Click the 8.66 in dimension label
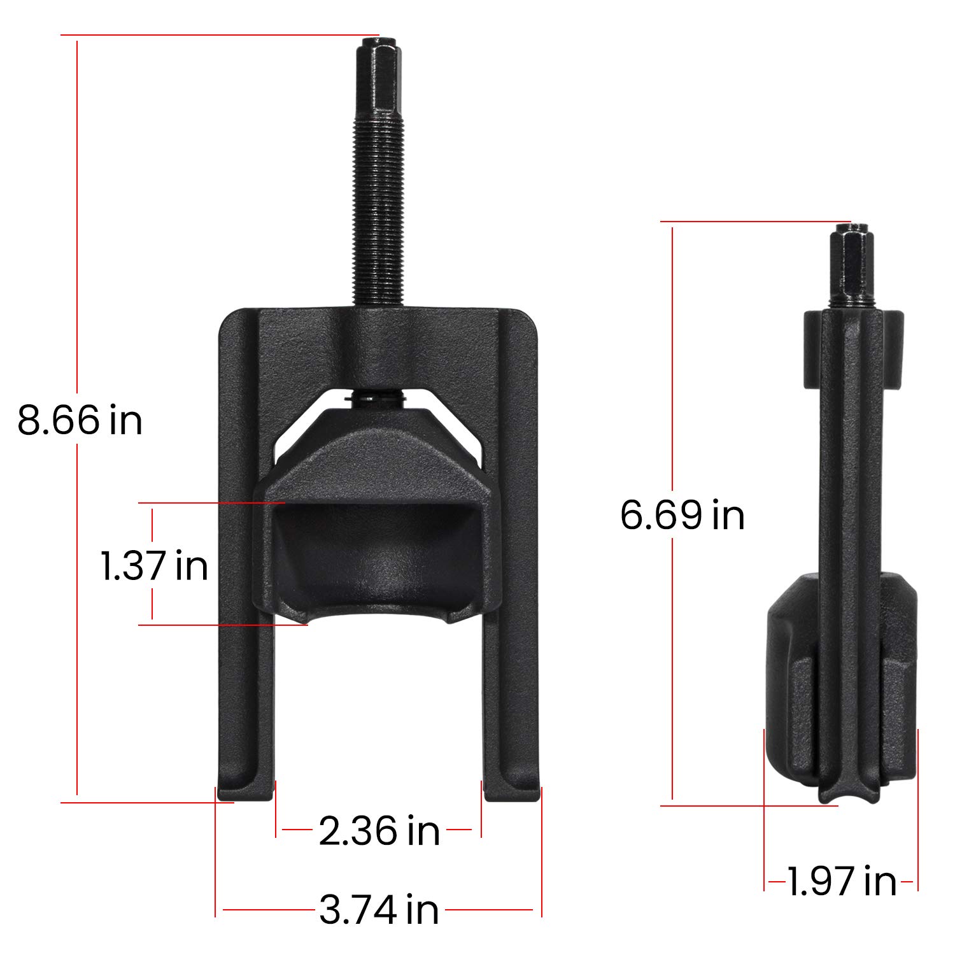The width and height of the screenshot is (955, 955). (x=80, y=420)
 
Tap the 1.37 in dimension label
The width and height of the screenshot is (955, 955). (x=154, y=565)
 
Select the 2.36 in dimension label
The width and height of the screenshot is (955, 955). (x=379, y=831)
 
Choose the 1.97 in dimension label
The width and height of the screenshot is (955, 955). (x=841, y=882)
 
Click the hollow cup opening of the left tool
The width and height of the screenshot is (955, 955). (x=376, y=548)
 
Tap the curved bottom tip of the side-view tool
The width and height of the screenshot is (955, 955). (x=850, y=796)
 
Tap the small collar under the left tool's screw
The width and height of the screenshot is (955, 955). (x=376, y=399)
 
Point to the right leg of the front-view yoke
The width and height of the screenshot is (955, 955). (x=513, y=573)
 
